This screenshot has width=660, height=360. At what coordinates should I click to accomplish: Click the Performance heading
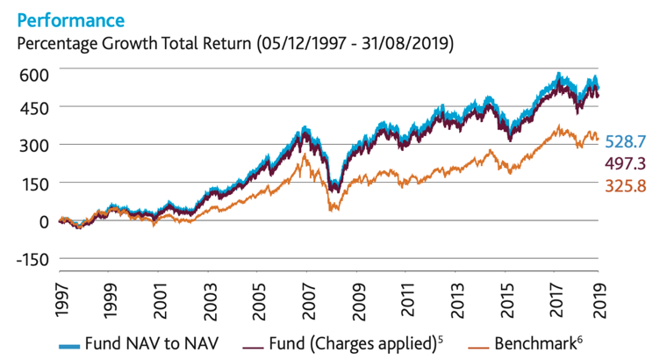(65, 18)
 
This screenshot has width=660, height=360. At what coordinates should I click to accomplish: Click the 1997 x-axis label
(59, 299)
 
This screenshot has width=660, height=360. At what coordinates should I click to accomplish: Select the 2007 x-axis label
(305, 299)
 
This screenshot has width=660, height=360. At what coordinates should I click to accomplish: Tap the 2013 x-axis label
(452, 299)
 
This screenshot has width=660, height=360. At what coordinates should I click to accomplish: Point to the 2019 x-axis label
(599, 299)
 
